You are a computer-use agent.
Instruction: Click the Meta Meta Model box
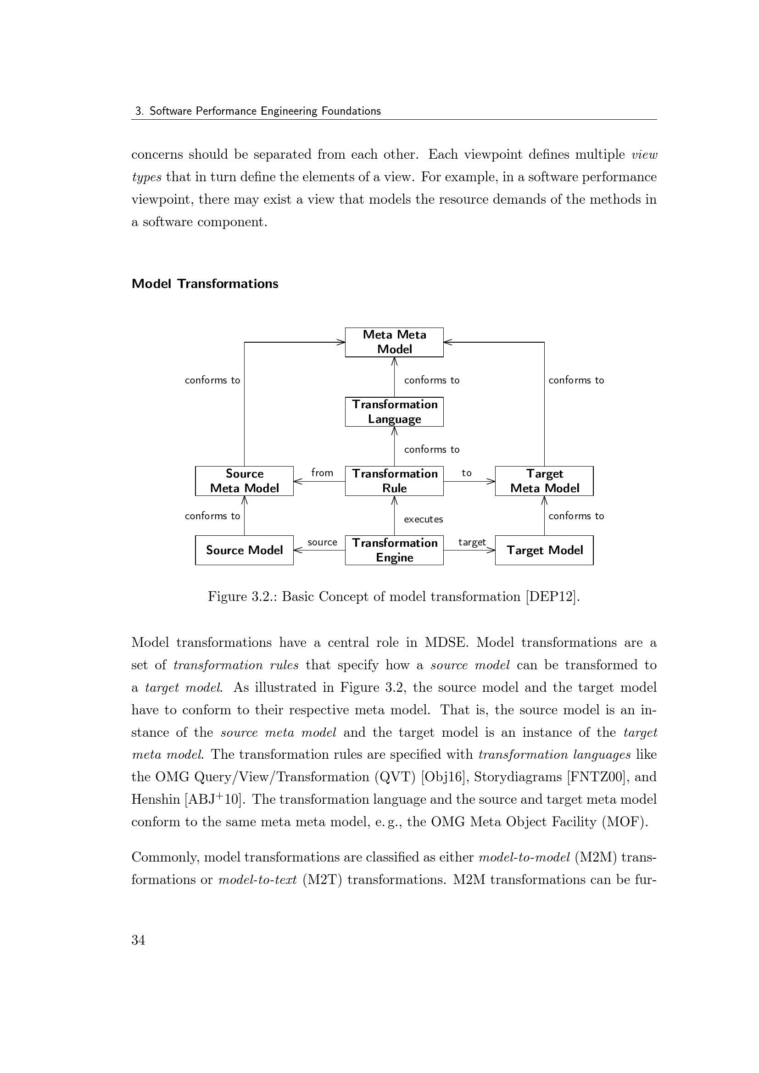coord(394,342)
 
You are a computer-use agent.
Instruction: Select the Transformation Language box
coord(394,411)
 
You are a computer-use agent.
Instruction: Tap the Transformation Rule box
coord(394,480)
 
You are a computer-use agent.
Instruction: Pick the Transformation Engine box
coord(394,550)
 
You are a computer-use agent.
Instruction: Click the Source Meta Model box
coord(244,480)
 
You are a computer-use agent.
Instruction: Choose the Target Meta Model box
coord(544,480)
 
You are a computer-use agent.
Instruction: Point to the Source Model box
coord(244,550)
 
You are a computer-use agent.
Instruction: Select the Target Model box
coord(544,550)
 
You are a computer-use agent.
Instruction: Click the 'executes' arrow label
coord(423,519)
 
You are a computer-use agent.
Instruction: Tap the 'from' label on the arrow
coord(322,473)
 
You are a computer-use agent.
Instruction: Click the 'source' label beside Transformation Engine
coord(322,542)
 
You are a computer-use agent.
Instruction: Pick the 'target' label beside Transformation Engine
coord(472,542)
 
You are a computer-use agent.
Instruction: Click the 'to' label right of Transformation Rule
coord(466,473)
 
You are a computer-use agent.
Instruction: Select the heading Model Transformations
coord(205,284)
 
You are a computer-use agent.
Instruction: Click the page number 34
coord(138,940)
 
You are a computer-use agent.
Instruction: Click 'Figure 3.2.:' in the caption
coord(242,596)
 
